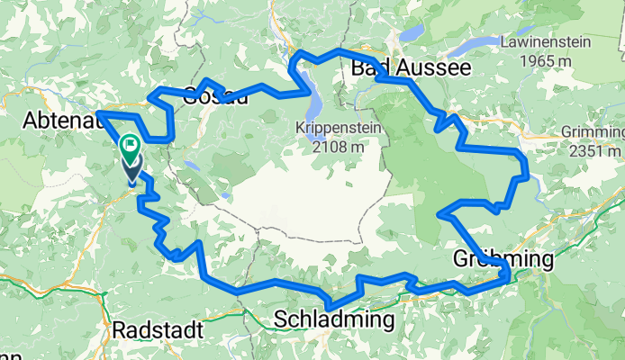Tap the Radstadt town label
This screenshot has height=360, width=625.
(x=154, y=330)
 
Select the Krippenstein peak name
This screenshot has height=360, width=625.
(x=338, y=129)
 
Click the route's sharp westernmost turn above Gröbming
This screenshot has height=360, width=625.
(x=439, y=214)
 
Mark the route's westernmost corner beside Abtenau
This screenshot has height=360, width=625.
(x=97, y=112)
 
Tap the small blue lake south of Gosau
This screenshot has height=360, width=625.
(x=191, y=166)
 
